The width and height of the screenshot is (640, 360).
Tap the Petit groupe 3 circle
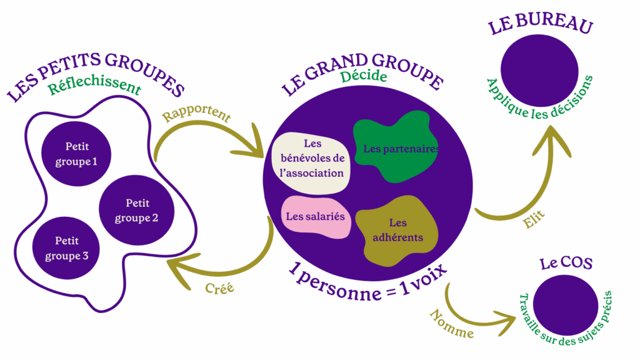[x=67, y=248]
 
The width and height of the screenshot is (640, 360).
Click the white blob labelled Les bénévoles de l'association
[x=311, y=162]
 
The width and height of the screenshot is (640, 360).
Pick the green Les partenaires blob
[x=395, y=149]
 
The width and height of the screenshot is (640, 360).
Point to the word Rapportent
[x=196, y=116]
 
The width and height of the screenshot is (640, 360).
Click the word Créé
[x=219, y=289]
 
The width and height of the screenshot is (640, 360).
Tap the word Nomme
[x=451, y=323]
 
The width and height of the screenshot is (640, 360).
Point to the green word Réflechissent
[x=94, y=87]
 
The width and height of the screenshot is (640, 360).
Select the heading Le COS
[x=566, y=264]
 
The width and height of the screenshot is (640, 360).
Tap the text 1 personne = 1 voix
[x=369, y=281]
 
